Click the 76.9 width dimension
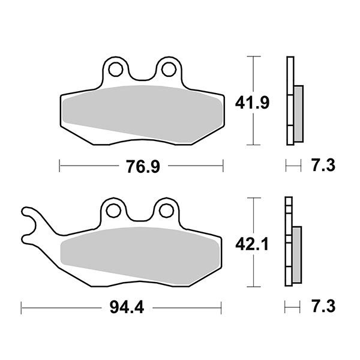pos(143,166)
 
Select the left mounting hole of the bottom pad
pos(113,209)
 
